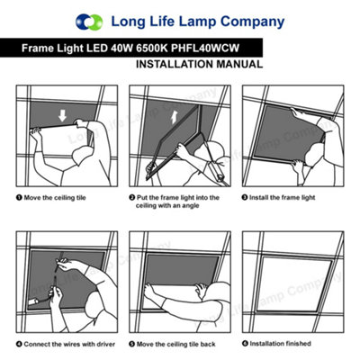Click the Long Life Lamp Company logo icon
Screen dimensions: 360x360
click(90, 21)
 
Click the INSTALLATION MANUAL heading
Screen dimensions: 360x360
click(199, 66)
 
